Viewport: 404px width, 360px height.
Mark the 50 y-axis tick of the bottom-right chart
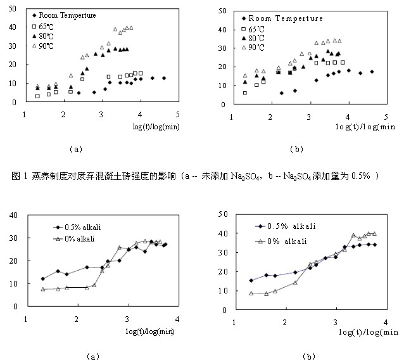tap(223, 215)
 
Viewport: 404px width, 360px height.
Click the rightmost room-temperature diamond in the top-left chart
tap(164, 78)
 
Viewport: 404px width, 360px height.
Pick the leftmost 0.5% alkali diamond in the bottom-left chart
tap(43, 279)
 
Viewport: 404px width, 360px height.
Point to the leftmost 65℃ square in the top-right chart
tap(244, 93)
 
